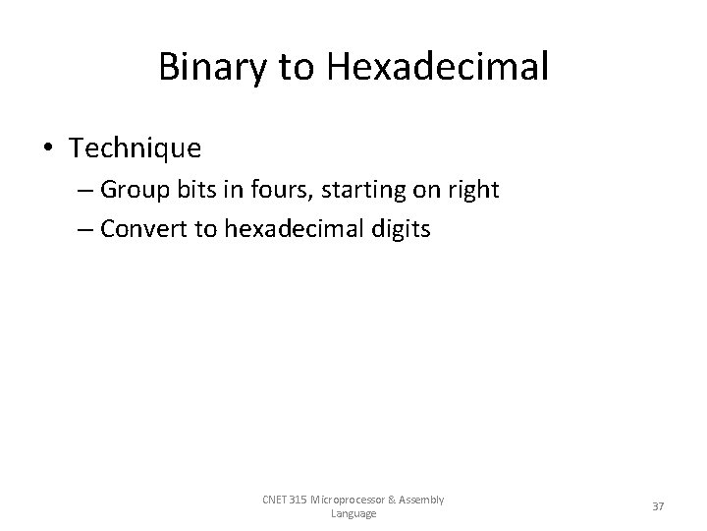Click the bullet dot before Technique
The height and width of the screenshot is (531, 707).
click(x=47, y=148)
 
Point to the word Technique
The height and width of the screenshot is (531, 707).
click(x=136, y=148)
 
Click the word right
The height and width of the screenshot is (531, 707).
click(x=472, y=189)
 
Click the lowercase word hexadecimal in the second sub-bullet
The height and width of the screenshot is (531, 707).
click(x=287, y=230)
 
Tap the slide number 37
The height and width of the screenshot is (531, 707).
click(x=658, y=506)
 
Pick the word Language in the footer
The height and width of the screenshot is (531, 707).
click(x=353, y=513)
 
